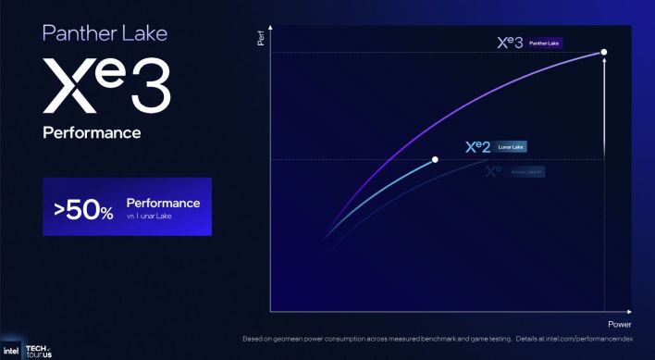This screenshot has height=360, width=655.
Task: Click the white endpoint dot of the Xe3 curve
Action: click(604, 52)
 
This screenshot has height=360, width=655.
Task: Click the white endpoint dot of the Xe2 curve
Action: click(435, 159)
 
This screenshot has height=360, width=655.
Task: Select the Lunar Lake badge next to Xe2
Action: click(512, 147)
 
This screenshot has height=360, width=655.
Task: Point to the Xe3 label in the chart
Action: click(510, 43)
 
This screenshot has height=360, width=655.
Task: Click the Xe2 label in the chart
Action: click(477, 147)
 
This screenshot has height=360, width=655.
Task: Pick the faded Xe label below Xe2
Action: click(491, 171)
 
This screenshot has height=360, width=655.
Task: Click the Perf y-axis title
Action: click(260, 40)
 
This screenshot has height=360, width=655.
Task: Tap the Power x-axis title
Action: click(619, 325)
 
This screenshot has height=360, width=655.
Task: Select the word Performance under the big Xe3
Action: click(92, 132)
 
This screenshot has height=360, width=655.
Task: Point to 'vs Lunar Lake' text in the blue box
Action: click(155, 215)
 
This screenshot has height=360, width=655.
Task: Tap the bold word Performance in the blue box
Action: click(163, 202)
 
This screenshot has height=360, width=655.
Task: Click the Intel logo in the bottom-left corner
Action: click(10, 352)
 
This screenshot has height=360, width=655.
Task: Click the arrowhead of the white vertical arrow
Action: click(604, 62)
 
